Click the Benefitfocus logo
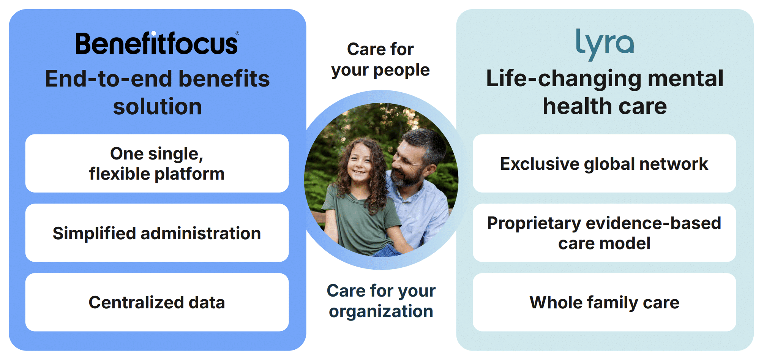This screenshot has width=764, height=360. tap(157, 43)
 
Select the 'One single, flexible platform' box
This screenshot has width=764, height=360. tap(157, 163)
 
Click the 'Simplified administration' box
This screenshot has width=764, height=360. tap(157, 233)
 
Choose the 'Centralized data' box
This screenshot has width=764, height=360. tap(157, 302)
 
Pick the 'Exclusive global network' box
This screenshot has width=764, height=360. tap(604, 163)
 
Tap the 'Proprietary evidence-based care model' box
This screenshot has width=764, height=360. tap(604, 233)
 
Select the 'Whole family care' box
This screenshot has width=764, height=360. tap(604, 302)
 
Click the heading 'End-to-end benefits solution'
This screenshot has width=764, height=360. tap(157, 92)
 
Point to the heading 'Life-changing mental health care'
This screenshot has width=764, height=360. tap(605, 92)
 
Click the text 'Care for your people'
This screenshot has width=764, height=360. tap(380, 60)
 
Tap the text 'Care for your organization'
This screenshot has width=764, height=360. tap(381, 301)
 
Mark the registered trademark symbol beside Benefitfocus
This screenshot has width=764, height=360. tap(237, 33)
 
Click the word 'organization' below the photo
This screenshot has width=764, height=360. tap(381, 312)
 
